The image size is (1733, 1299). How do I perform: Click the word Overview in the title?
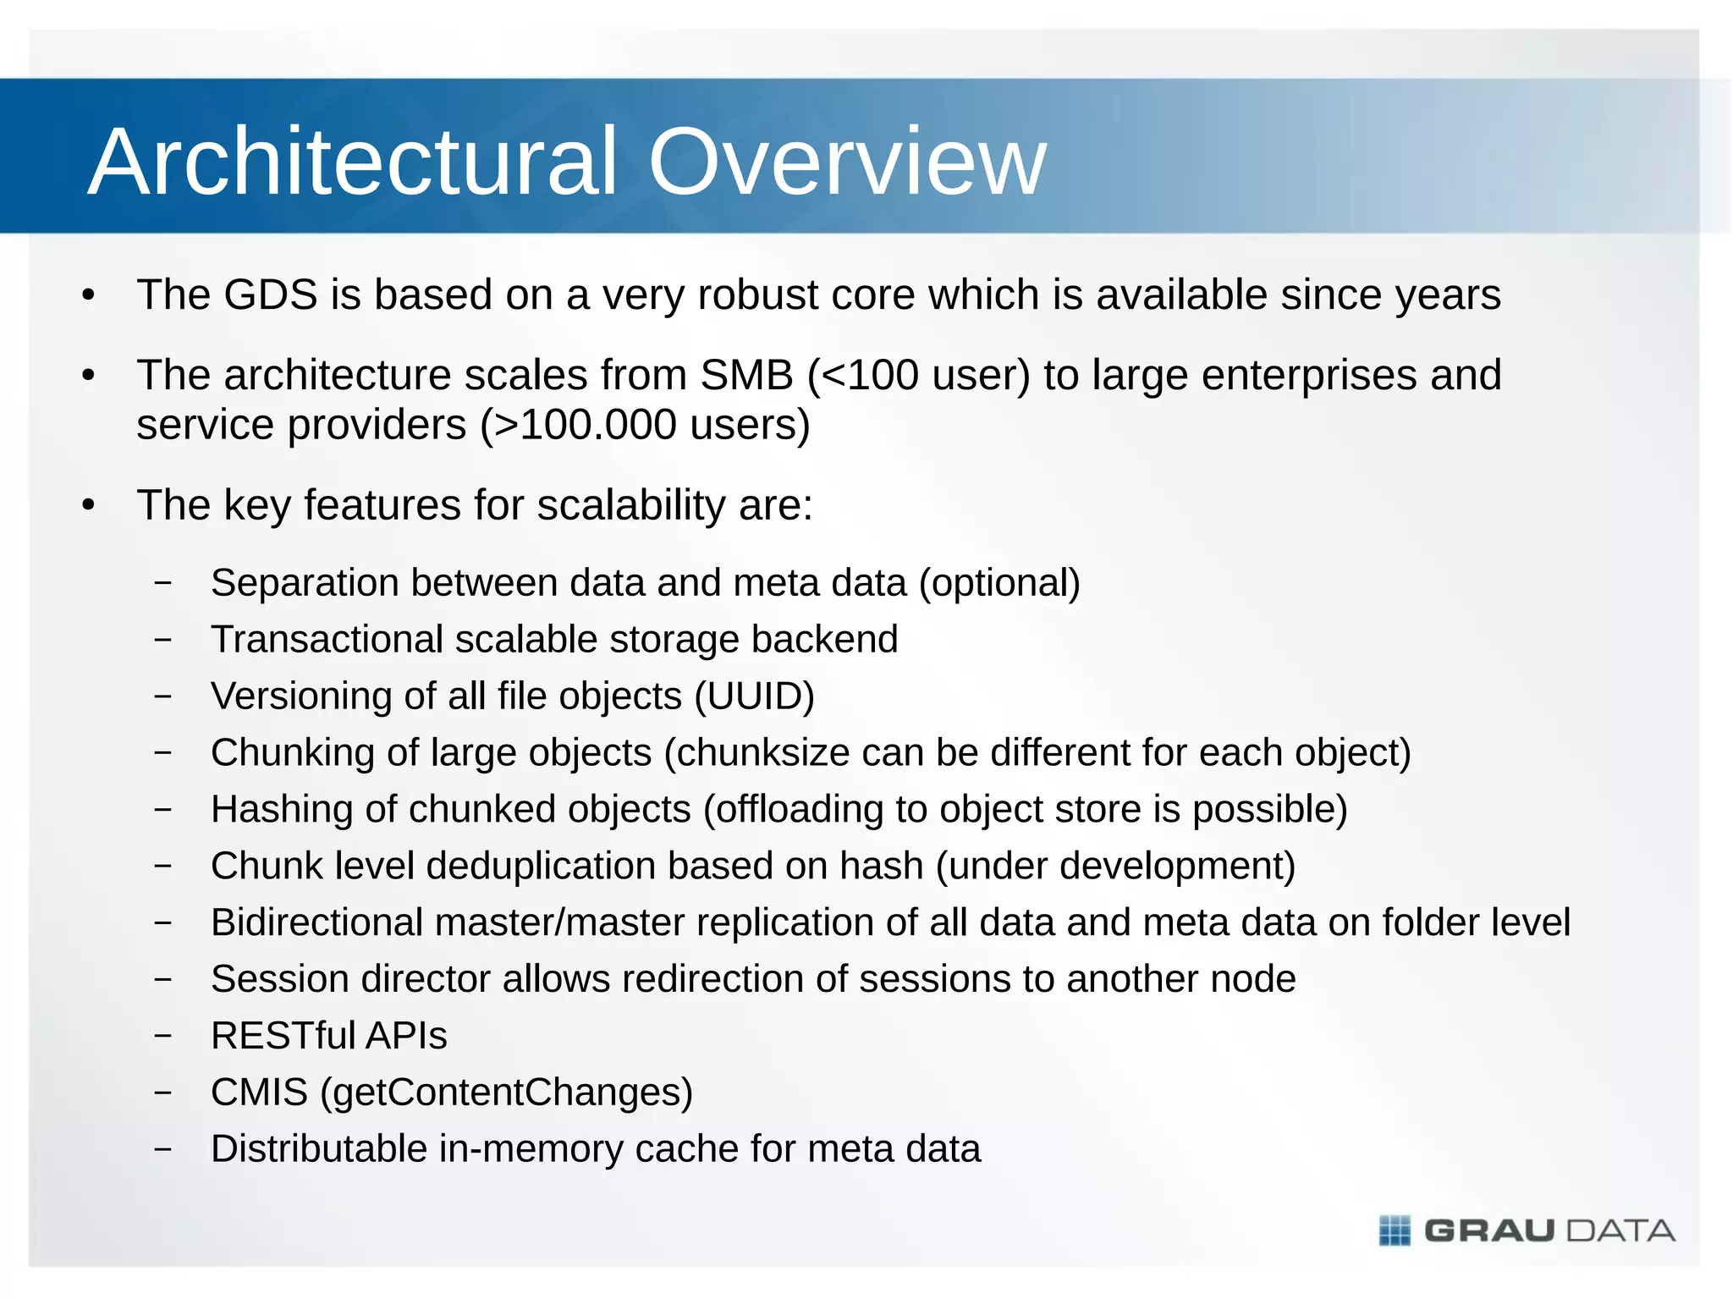pyautogui.click(x=847, y=162)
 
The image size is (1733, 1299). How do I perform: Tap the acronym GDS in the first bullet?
pyautogui.click(x=270, y=294)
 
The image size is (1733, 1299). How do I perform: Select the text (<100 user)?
pyautogui.click(x=918, y=375)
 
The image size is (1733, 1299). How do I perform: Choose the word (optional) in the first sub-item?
pyautogui.click(x=999, y=583)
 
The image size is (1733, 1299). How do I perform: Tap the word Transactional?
pyautogui.click(x=327, y=639)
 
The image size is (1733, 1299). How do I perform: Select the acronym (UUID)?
pyautogui.click(x=754, y=696)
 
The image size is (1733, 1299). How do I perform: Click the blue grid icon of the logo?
pyautogui.click(x=1395, y=1230)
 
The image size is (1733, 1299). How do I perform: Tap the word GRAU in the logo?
pyautogui.click(x=1490, y=1230)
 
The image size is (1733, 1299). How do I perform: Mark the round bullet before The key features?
pyautogui.click(x=89, y=506)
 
